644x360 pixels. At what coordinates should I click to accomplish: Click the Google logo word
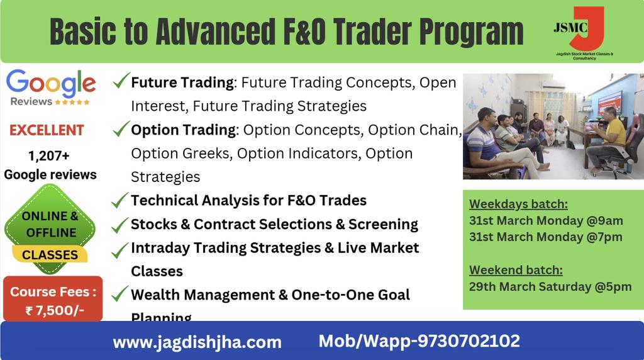coord(51,83)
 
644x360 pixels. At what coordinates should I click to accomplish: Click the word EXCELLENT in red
coord(47,131)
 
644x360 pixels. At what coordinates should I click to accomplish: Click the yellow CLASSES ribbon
coord(50,255)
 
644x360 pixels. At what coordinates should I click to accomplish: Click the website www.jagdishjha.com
coord(197,342)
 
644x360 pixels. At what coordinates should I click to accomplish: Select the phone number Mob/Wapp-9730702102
coord(419,341)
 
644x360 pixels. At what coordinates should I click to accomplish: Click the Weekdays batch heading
coord(518,204)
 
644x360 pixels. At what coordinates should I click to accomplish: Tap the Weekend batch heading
coord(516,271)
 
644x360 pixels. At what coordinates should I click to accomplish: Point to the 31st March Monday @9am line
coord(545,220)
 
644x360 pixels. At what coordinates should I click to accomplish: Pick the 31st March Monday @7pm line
coord(545,237)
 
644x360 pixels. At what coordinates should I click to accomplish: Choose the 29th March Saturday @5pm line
coord(550,287)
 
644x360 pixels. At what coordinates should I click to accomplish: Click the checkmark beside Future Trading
coord(121,81)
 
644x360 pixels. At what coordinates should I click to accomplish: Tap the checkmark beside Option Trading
coord(121,129)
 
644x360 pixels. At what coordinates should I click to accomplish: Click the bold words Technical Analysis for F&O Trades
coord(248,201)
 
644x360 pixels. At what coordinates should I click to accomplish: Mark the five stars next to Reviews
coord(72,102)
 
